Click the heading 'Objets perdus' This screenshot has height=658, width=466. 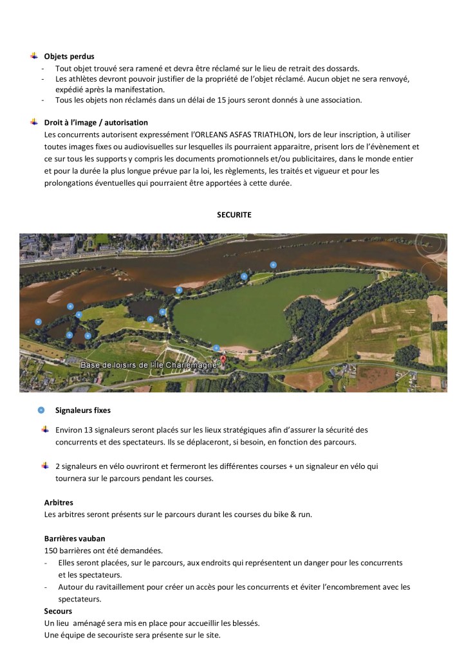pos(69,57)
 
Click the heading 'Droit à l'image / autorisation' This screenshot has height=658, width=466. pos(96,122)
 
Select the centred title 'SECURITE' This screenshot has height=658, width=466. pos(234,215)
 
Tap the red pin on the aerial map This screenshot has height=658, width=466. pos(223,360)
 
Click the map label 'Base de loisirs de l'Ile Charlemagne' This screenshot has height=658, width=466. pos(151,365)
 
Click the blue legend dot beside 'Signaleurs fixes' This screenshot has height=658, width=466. pos(41,409)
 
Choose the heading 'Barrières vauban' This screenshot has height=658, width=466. pos(74,538)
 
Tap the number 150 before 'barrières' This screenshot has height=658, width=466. pos(51,550)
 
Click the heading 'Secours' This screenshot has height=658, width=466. pos(58,610)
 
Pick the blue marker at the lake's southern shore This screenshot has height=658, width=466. pos(216,348)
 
